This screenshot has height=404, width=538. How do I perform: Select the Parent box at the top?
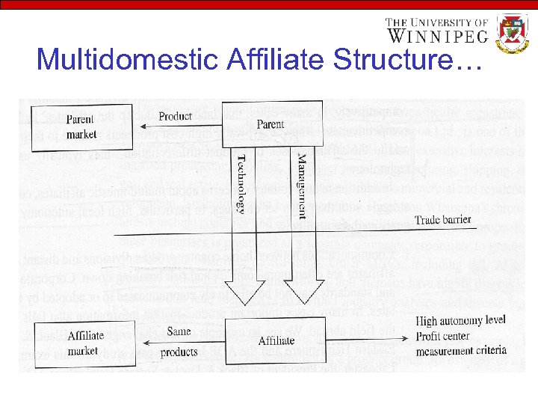270,123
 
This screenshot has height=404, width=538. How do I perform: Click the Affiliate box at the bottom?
276,340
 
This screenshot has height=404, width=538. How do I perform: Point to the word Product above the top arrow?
176,116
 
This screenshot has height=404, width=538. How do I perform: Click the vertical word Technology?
241,183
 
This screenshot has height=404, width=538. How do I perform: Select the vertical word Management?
300,186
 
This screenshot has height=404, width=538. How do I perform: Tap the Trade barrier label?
444,220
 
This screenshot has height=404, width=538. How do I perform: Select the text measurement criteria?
461,349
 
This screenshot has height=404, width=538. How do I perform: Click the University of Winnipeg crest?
513,34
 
